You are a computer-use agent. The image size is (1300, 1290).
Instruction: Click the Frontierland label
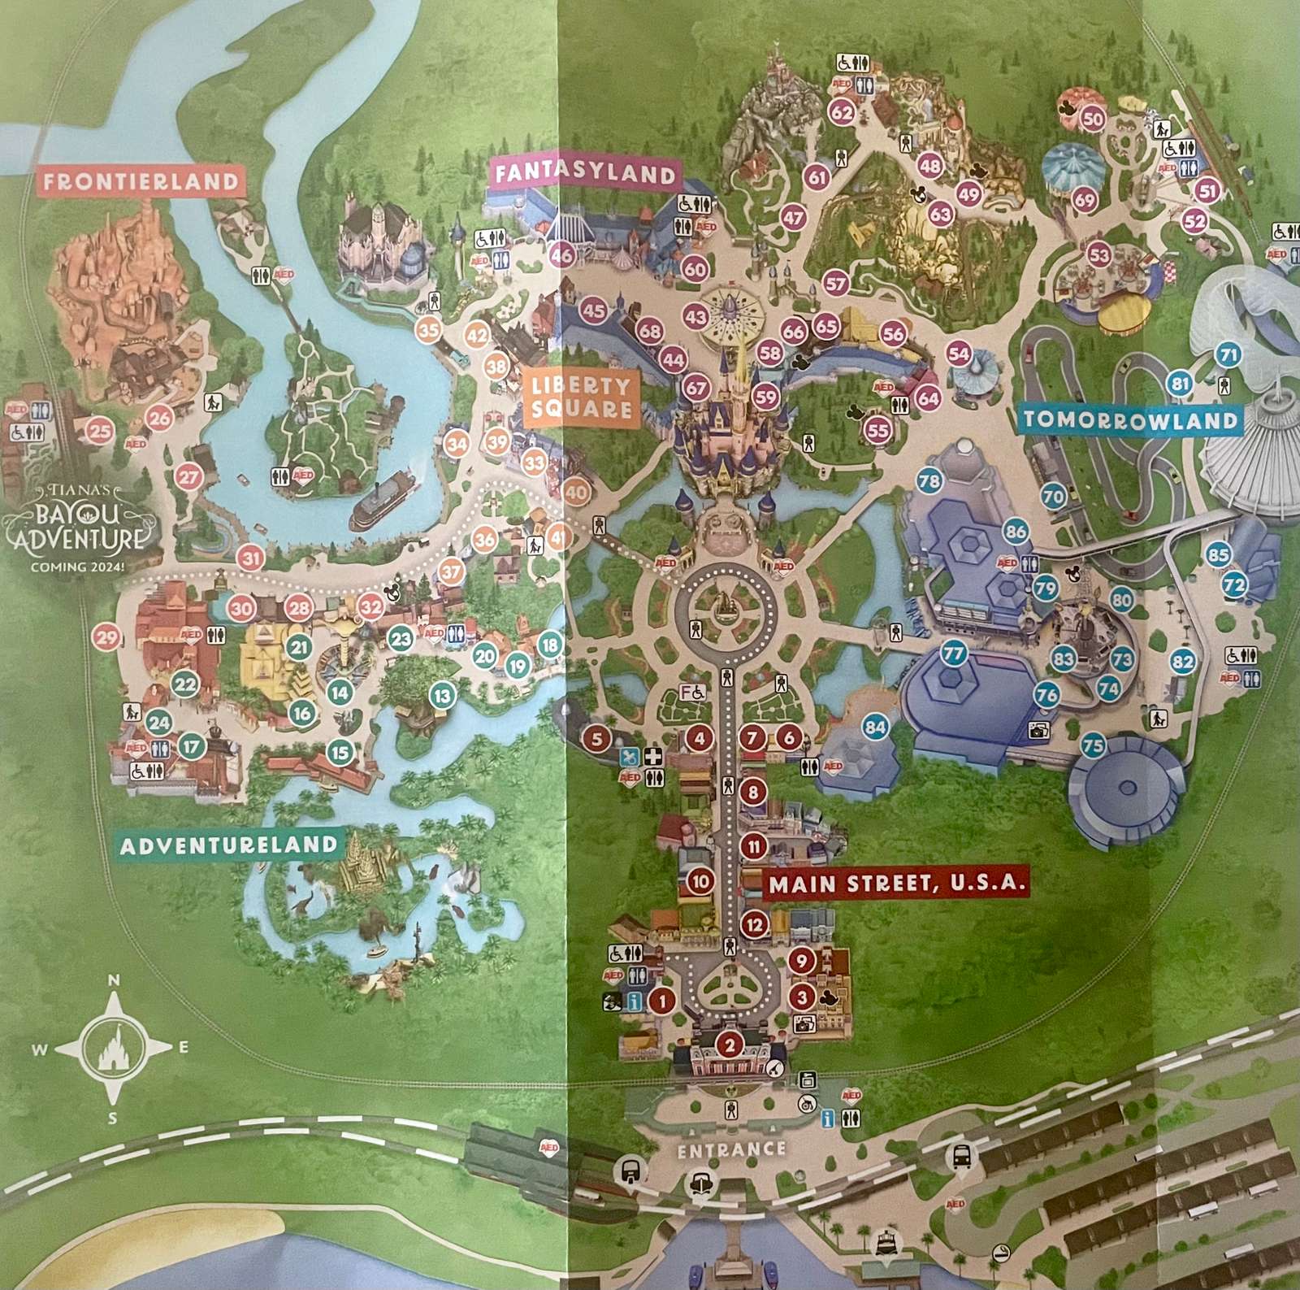(x=141, y=181)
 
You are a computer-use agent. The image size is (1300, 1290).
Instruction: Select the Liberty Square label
(x=581, y=397)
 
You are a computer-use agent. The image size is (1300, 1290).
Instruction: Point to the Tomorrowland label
(x=1129, y=419)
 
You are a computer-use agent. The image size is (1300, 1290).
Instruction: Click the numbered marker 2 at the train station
(x=730, y=1046)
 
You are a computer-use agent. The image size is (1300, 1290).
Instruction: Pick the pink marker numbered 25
(x=101, y=431)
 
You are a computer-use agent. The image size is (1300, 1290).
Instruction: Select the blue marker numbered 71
(x=1228, y=355)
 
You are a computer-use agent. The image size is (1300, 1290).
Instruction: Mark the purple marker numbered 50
(x=1094, y=119)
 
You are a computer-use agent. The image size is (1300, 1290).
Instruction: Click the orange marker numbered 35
(x=428, y=329)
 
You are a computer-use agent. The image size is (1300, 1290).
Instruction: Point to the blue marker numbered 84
(x=874, y=728)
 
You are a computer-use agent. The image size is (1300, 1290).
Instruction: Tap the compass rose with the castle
(x=113, y=1049)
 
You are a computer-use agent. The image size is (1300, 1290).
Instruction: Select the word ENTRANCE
(x=730, y=1149)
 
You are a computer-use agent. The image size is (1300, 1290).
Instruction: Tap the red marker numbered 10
(x=700, y=880)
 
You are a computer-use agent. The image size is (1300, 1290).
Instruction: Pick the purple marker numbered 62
(x=842, y=114)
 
